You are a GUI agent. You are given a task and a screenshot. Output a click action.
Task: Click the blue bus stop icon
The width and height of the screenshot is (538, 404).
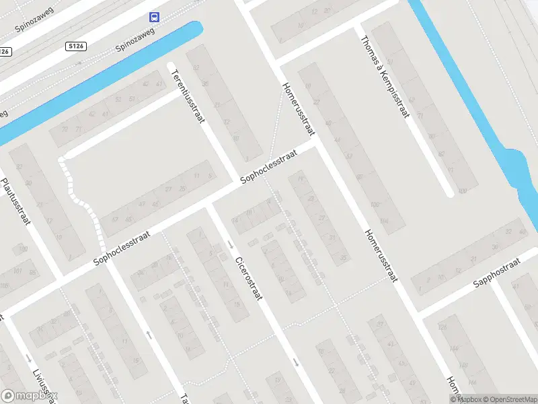pyautogui.click(x=155, y=17)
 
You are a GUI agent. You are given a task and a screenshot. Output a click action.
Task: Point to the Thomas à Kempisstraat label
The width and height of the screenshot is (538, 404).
pyautogui.click(x=385, y=75)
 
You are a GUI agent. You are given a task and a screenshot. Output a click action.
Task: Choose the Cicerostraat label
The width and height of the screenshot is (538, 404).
pyautogui.click(x=247, y=278)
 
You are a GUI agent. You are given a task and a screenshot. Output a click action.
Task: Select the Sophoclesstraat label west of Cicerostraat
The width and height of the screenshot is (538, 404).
pyautogui.click(x=122, y=248)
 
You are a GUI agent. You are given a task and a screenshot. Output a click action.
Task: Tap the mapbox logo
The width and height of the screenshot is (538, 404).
pyautogui.click(x=30, y=395)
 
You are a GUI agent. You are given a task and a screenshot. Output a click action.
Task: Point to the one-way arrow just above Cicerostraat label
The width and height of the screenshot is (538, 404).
pyautogui.click(x=231, y=243)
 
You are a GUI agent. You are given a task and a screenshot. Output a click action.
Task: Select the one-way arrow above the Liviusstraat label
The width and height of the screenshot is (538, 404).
pyautogui.click(x=28, y=358)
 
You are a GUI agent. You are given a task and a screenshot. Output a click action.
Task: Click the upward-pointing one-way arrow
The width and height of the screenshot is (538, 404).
pyautogui.click(x=149, y=334)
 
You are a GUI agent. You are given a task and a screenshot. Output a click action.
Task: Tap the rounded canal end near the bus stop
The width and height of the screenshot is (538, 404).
pyautogui.click(x=196, y=28)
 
